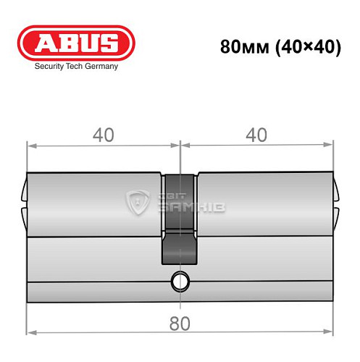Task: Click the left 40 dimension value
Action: click(101, 135)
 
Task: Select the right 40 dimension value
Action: click(256, 135)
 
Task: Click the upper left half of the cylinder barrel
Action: click(94, 205)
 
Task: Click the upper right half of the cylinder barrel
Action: click(264, 205)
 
